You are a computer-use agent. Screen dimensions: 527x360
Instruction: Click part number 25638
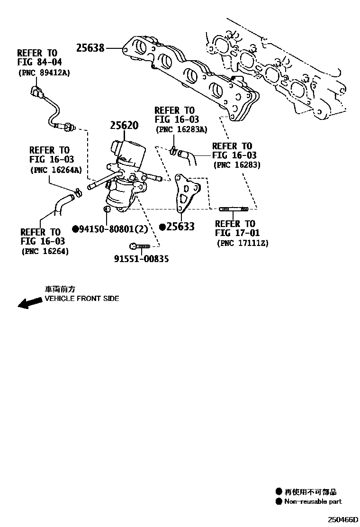(x=90, y=47)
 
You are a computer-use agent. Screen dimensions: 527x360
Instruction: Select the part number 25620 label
(x=124, y=126)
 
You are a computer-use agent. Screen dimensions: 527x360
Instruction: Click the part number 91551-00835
(x=141, y=259)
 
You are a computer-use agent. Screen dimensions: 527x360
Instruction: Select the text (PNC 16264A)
(x=55, y=170)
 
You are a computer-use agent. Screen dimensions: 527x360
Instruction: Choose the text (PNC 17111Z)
(x=243, y=243)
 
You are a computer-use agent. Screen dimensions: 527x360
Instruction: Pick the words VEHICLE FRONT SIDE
(x=82, y=299)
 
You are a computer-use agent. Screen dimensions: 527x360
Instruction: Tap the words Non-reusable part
(x=313, y=501)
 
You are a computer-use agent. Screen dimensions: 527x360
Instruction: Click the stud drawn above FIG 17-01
(x=234, y=209)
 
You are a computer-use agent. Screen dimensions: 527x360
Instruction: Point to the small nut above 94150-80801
(x=107, y=209)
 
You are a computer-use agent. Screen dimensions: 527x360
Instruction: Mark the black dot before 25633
(x=162, y=227)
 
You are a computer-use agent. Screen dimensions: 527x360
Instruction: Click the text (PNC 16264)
(x=45, y=251)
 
